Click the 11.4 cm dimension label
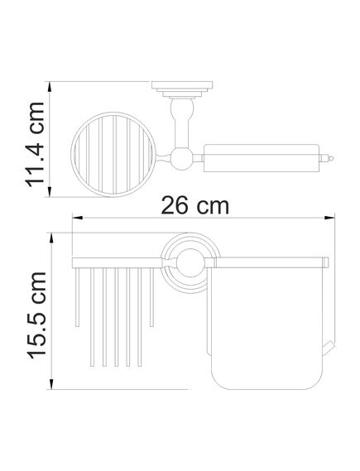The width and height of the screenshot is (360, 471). coord(36,145)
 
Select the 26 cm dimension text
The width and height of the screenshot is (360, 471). coord(194,205)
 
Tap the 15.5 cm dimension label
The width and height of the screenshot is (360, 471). coord(37,315)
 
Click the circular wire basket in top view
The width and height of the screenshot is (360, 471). coord(113,155)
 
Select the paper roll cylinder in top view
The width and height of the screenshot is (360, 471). coord(261,158)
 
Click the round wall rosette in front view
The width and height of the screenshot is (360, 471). coord(190,263)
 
